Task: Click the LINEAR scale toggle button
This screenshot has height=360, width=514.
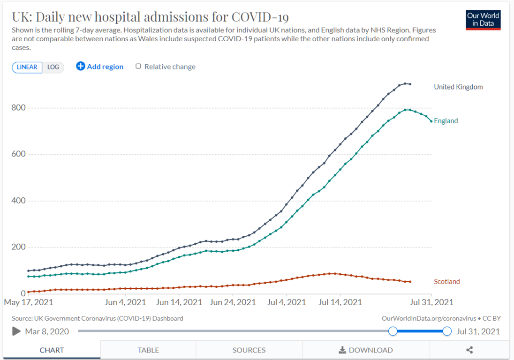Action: [x=27, y=67]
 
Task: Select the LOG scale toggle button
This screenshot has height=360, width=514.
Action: [x=53, y=67]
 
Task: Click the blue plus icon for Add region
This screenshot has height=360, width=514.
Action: [x=81, y=67]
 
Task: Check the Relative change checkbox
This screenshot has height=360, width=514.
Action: [x=138, y=67]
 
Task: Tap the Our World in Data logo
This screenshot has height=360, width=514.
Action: [x=483, y=20]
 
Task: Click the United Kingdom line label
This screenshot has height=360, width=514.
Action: [x=458, y=87]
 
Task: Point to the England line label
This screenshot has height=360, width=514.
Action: [x=446, y=121]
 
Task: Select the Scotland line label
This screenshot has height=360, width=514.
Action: [x=447, y=282]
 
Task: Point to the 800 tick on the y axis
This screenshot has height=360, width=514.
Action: [x=19, y=108]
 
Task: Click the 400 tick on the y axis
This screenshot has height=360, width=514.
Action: [x=19, y=201]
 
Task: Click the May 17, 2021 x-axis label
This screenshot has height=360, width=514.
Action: [x=29, y=302]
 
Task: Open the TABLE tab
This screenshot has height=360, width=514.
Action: [x=148, y=350]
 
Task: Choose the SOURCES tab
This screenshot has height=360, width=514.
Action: [x=249, y=350]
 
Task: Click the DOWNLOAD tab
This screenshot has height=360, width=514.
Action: [x=366, y=350]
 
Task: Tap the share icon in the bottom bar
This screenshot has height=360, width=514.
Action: [x=469, y=350]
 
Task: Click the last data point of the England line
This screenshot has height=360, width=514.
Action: [x=431, y=121]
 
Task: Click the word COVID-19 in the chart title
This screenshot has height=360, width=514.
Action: [x=260, y=17]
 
